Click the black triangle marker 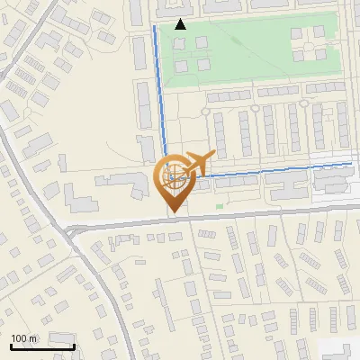click(x=180, y=24)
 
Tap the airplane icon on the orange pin click(x=197, y=162)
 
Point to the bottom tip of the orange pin click(x=172, y=212)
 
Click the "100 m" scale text click(x=23, y=338)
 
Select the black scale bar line click(x=41, y=346)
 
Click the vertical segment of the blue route click(x=159, y=90)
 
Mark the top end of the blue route click(x=155, y=27)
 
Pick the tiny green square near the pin click(x=219, y=206)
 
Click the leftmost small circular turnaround click(x=205, y=111)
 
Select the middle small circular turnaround click(x=256, y=109)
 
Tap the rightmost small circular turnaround click(x=305, y=108)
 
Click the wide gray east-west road click(x=270, y=213)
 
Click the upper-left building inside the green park click(x=177, y=41)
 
